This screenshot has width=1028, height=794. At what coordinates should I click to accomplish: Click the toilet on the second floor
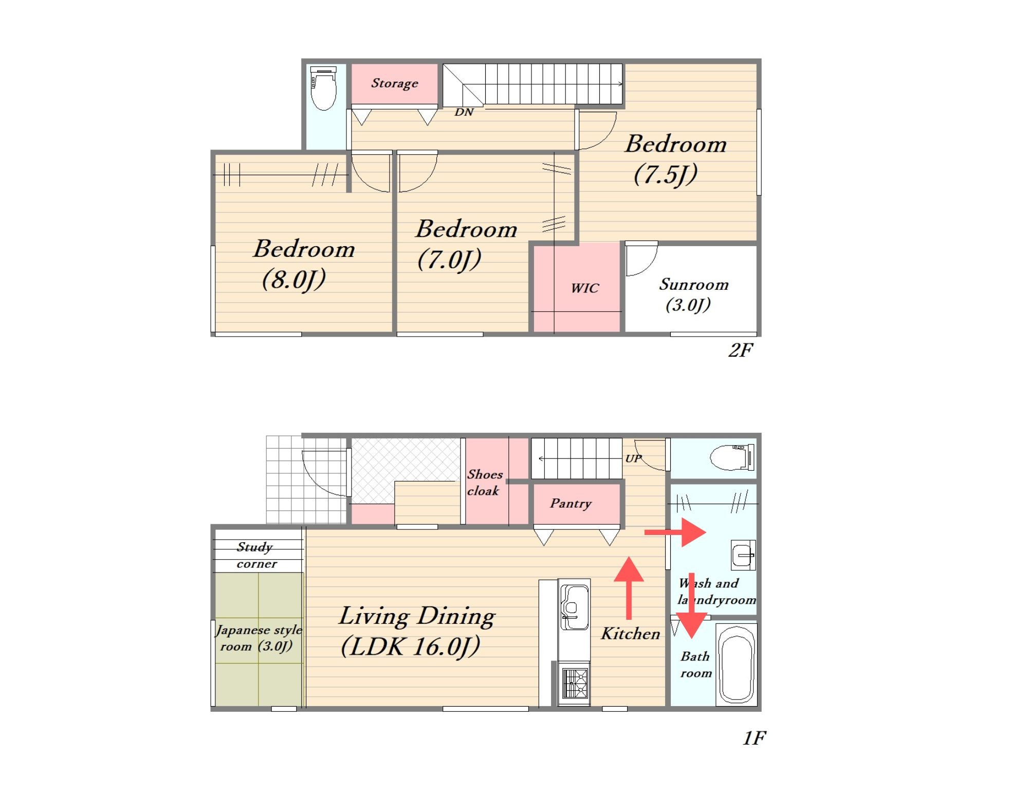(324, 88)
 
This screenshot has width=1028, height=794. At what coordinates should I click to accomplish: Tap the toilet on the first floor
(732, 457)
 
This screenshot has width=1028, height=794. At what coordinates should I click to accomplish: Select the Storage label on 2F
(395, 83)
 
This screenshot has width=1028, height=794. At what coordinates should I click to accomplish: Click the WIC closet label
(585, 288)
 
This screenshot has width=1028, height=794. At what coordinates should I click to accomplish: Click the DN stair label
(464, 112)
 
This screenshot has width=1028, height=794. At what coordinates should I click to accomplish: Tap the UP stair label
(633, 458)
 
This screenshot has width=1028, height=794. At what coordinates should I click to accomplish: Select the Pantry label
(571, 503)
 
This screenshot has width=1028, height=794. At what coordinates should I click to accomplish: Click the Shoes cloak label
(484, 483)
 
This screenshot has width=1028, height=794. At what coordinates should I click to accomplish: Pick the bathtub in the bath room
(737, 663)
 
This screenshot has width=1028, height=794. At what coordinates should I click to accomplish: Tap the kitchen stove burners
(575, 683)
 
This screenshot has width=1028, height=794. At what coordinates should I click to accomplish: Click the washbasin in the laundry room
(743, 555)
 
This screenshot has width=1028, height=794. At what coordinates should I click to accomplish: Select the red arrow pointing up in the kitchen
(629, 588)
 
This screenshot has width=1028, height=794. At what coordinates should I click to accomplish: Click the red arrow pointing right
(675, 532)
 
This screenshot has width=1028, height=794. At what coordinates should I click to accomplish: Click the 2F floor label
(741, 350)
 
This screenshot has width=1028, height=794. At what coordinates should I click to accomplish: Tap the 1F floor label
(754, 738)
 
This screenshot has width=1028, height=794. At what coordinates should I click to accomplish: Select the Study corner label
(256, 555)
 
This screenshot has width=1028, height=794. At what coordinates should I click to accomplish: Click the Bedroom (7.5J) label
(675, 159)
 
